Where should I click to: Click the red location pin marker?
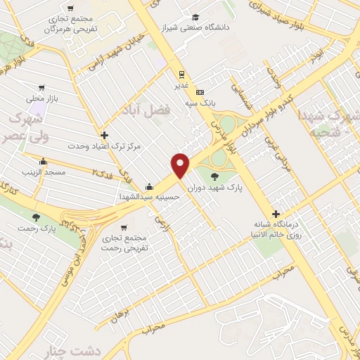coord(181,165)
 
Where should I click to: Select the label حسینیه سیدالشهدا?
coord(150,197)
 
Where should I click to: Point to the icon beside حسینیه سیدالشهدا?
coord(149,187)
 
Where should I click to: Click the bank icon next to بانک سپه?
coord(200,92)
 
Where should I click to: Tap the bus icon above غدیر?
coord(181,75)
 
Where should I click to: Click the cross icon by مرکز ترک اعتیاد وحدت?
coord(104,135)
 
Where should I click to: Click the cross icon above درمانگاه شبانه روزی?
coord(276,214)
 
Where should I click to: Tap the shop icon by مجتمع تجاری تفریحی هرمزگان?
coord(71,8)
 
